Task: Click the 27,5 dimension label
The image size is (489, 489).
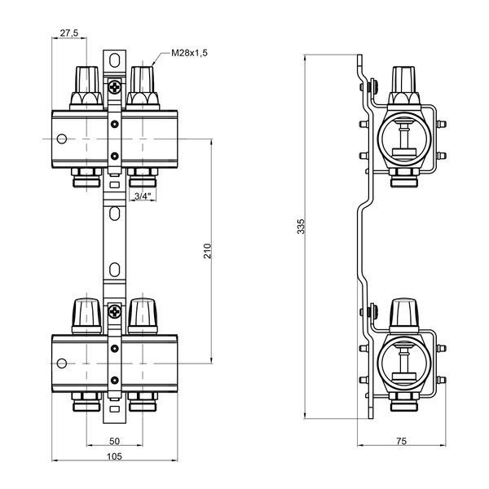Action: [x=69, y=33]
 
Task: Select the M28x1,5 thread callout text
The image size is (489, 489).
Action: [x=189, y=53]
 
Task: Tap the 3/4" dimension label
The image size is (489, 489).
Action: [x=143, y=196]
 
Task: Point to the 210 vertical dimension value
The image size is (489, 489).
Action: [x=207, y=251]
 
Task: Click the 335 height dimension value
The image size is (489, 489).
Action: [x=301, y=227]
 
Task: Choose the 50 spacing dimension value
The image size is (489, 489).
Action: [x=114, y=441]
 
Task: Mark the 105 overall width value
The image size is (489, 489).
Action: [x=114, y=456]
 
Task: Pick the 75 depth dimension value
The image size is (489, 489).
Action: [x=401, y=441]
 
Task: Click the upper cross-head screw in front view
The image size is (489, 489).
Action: [x=115, y=86]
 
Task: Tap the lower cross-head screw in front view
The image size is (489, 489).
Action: [x=115, y=311]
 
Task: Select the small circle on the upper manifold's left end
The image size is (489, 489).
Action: [x=62, y=139]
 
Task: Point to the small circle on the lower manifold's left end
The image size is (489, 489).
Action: [x=62, y=363]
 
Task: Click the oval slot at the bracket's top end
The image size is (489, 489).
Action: [x=114, y=60]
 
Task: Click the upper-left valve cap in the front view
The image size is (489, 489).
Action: [x=86, y=86]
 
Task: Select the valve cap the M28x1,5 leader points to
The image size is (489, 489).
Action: [x=143, y=86]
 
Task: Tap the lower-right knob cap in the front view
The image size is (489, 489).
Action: [x=143, y=316]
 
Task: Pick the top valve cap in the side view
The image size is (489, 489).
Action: [x=403, y=85]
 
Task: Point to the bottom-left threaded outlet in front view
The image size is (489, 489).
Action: [x=86, y=402]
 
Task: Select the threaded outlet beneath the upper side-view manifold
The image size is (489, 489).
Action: [x=403, y=178]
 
